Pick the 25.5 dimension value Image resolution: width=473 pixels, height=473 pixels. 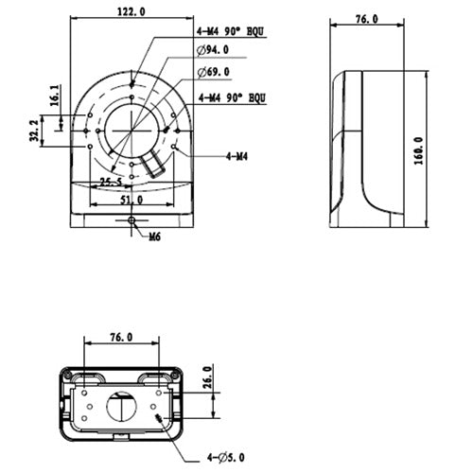pyautogui.click(x=111, y=183)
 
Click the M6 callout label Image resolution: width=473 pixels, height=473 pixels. pyautogui.click(x=151, y=236)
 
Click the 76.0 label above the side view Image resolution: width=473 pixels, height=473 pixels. pyautogui.click(x=364, y=19)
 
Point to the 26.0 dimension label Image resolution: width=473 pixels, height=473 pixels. pyautogui.click(x=207, y=383)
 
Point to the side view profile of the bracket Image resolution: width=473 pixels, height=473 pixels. pyautogui.click(x=365, y=147)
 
